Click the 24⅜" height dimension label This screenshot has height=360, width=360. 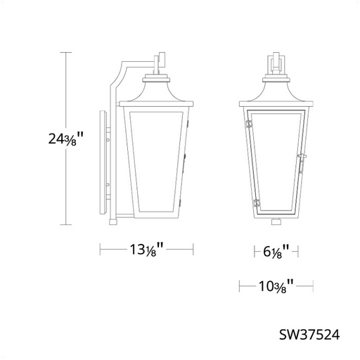click(65, 139)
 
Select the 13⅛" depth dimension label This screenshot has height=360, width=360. click(146, 250)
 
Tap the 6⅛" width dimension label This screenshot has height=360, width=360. click(276, 252)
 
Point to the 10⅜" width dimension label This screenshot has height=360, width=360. click(276, 286)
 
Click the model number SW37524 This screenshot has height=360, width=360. click(309, 335)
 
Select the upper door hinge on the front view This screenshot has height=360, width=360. click(248, 124)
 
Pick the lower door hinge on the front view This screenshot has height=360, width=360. click(257, 202)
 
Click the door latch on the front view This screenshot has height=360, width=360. click(302, 163)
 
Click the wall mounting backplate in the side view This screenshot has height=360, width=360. click(103, 162)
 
